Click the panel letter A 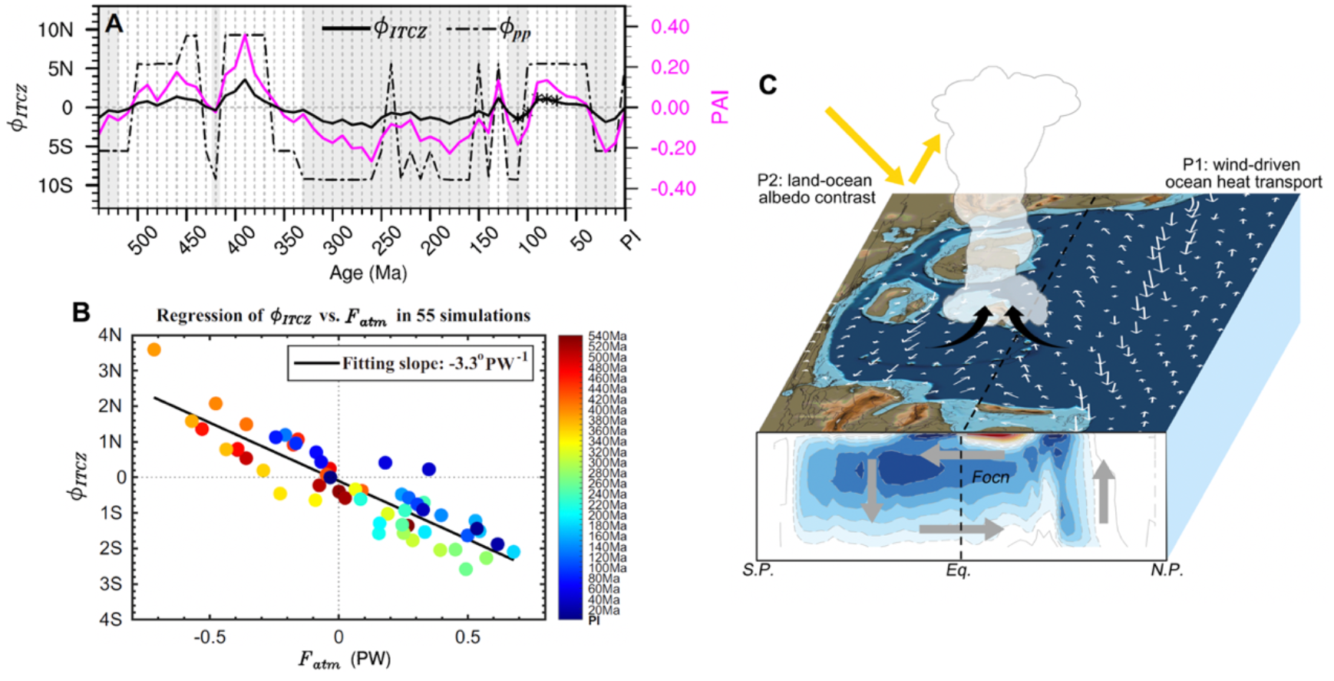[x=114, y=24]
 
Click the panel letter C [x=768, y=84]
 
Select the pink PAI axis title [x=719, y=107]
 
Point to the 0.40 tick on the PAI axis [x=669, y=27]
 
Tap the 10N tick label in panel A [x=56, y=30]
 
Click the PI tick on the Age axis [x=630, y=240]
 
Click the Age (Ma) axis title [x=368, y=273]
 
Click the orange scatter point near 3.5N [x=154, y=350]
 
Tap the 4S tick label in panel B [x=110, y=619]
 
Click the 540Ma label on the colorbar [x=607, y=336]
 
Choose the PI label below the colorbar [x=593, y=620]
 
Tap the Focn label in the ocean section [x=990, y=478]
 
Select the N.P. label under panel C [x=1166, y=570]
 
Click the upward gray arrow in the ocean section [x=1103, y=491]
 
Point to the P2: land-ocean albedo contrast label [x=816, y=189]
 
